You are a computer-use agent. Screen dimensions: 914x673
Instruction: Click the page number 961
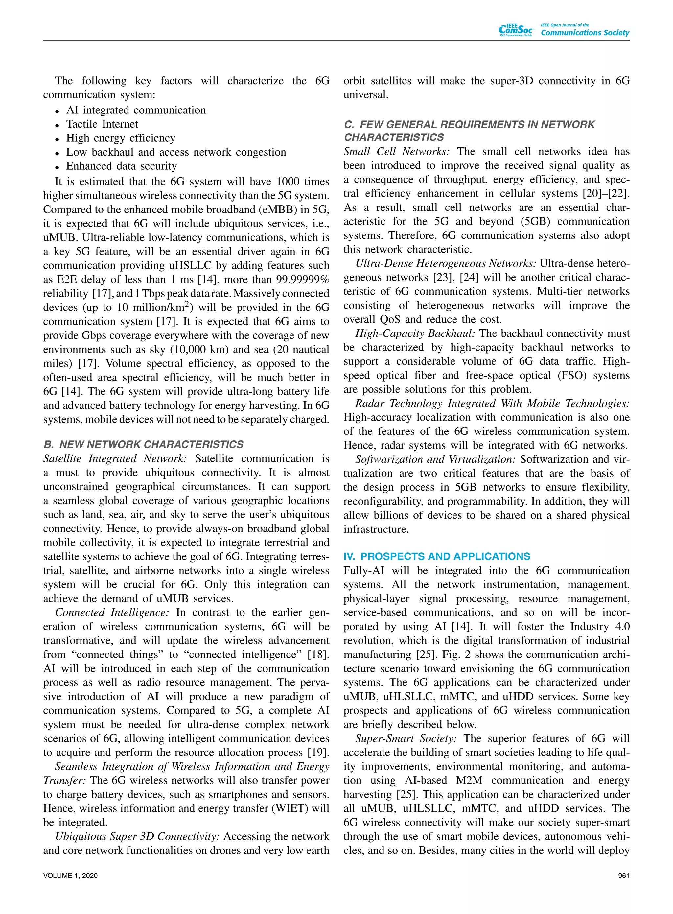pos(623,875)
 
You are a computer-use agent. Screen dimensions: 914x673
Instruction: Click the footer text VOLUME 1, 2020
pos(70,875)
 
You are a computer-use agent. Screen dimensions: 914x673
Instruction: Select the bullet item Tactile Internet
pos(102,124)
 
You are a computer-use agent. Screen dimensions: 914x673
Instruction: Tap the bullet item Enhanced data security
pos(121,166)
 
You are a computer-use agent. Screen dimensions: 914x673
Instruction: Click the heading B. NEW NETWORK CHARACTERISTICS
pos(143,444)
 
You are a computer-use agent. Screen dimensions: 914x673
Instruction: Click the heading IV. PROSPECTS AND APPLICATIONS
pos(437,556)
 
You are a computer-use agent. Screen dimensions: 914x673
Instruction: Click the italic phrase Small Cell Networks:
pos(396,151)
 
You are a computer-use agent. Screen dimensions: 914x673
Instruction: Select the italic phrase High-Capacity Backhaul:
pos(415,333)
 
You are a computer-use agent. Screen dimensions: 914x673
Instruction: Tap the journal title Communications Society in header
pos(585,33)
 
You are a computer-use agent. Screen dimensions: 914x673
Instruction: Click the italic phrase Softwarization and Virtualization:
pos(435,459)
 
